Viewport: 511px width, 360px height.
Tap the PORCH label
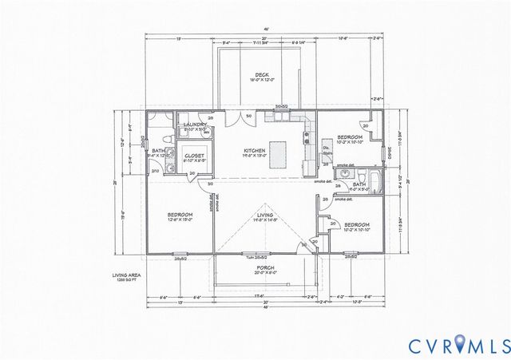point(255,267)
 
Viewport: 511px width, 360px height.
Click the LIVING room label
point(265,215)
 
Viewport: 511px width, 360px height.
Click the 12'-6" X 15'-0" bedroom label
point(179,218)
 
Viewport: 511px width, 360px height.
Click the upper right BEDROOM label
point(350,138)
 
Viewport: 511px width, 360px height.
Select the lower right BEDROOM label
point(357,226)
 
